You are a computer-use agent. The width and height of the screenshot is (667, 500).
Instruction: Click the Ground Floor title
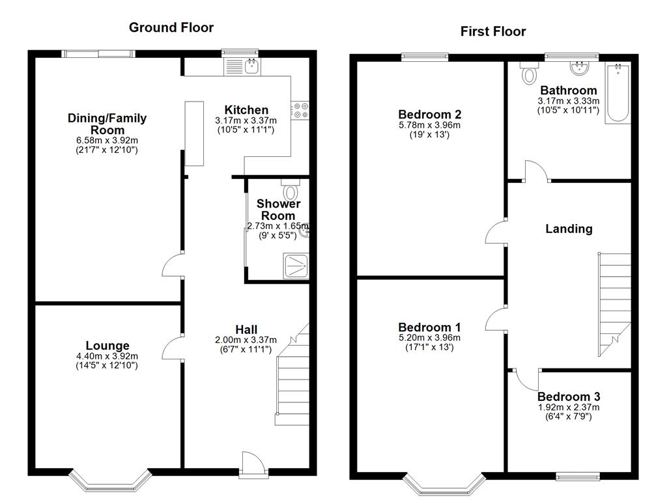tap(171, 27)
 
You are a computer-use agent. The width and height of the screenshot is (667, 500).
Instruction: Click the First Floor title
tap(493, 31)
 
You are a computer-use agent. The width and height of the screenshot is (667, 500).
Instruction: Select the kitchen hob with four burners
tap(300, 109)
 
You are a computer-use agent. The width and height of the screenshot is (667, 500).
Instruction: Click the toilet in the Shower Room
tap(291, 190)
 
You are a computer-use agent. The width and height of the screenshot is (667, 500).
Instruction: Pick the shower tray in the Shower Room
tap(296, 266)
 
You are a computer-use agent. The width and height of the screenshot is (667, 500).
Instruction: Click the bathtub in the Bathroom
tap(617, 92)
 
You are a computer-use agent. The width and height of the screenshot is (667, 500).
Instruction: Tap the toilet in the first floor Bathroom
tap(529, 73)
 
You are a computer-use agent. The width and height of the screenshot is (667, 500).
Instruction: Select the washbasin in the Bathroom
tap(579, 68)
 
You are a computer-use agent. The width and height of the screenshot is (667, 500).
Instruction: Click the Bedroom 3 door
tap(526, 380)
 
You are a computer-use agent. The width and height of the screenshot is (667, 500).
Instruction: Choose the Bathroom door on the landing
tap(537, 171)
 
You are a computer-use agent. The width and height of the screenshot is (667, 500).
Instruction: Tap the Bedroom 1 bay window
tap(444, 484)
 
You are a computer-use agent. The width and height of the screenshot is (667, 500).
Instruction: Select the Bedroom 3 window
tap(578, 476)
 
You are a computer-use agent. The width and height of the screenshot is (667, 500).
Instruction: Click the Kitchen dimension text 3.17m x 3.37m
tap(246, 120)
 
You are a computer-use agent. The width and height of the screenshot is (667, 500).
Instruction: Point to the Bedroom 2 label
tap(430, 115)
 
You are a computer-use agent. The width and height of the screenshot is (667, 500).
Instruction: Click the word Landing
tap(569, 229)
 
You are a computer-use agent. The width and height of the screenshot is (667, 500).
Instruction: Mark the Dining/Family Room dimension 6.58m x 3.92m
tap(107, 141)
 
